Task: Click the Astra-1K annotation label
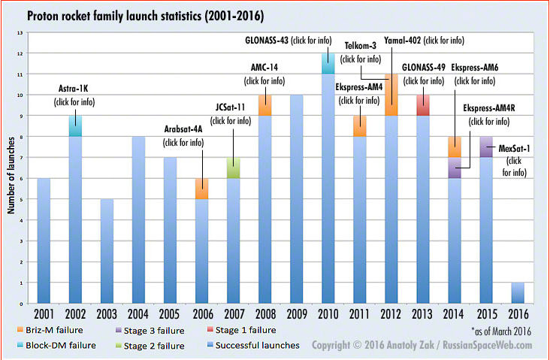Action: point(74,88)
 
